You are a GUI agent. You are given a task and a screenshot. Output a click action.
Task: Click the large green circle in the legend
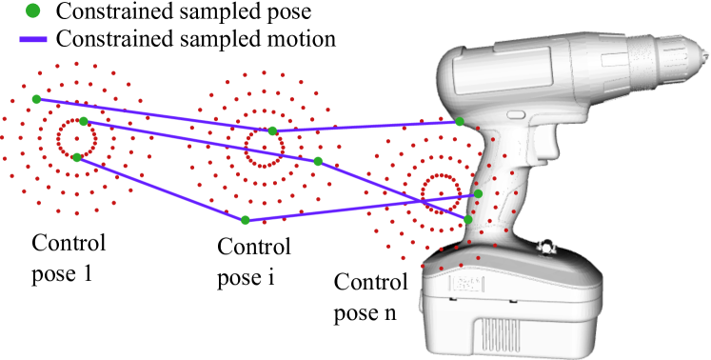coord(33,10)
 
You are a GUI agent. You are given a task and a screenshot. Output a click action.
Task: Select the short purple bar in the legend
coord(33,39)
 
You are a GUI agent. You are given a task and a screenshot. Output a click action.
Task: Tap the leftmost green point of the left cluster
coord(36,99)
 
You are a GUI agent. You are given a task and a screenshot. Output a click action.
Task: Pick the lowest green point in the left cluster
coord(77,157)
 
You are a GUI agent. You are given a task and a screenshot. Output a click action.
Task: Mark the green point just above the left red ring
coord(84,121)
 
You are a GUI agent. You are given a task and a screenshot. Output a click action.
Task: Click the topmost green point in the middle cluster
coord(272,130)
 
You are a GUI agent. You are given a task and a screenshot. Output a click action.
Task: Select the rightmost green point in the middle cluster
coord(318,161)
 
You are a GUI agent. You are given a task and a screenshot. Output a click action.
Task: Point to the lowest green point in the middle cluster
coord(246,220)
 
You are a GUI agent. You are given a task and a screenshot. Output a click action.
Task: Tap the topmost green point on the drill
coord(460,121)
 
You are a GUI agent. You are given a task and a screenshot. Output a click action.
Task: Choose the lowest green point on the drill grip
coord(467,219)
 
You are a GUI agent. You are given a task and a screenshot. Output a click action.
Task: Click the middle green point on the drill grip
coord(478,193)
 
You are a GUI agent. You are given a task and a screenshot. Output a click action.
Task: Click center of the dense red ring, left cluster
coord(76,139)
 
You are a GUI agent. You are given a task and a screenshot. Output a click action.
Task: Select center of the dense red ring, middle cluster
coord(264,148)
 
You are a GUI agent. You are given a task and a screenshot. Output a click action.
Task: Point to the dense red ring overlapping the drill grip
coord(442,193)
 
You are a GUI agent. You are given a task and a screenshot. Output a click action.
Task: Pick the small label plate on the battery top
coord(466,283)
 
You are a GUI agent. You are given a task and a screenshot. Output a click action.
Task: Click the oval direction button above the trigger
coord(516,115)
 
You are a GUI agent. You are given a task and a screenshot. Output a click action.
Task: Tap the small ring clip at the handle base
coord(546,248)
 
